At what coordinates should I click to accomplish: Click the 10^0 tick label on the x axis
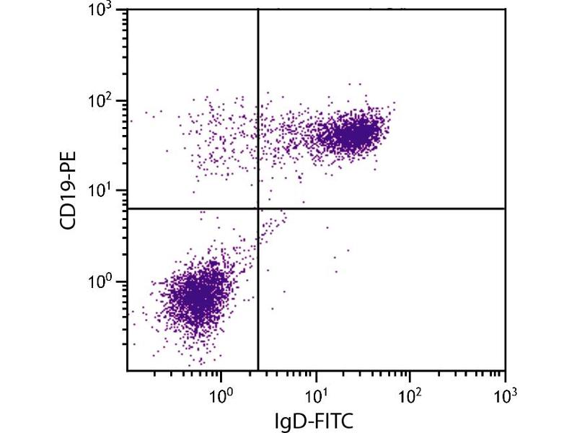tap(221, 394)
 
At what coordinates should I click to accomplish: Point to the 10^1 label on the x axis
tap(315, 394)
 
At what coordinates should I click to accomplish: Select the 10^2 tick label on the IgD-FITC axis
tap(410, 394)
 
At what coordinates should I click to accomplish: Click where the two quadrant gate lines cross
tap(258, 209)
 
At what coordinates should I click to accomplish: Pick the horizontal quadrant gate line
tap(382, 209)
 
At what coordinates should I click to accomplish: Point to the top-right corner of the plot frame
tap(505, 9)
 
